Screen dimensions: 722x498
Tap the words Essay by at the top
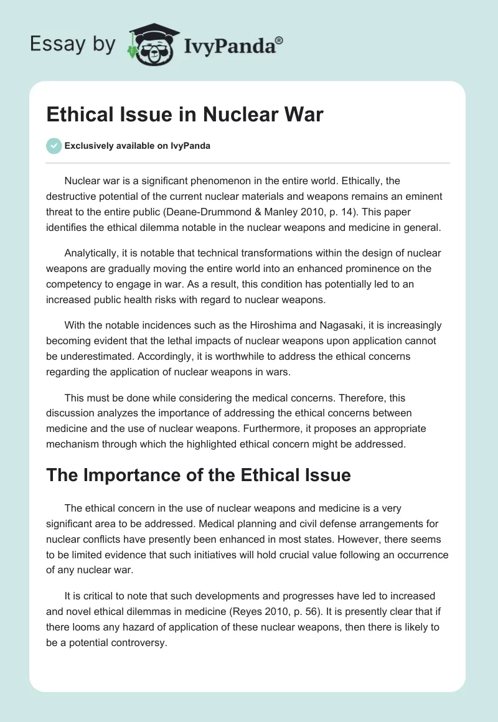point(73,45)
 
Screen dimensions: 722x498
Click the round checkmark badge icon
point(54,146)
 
